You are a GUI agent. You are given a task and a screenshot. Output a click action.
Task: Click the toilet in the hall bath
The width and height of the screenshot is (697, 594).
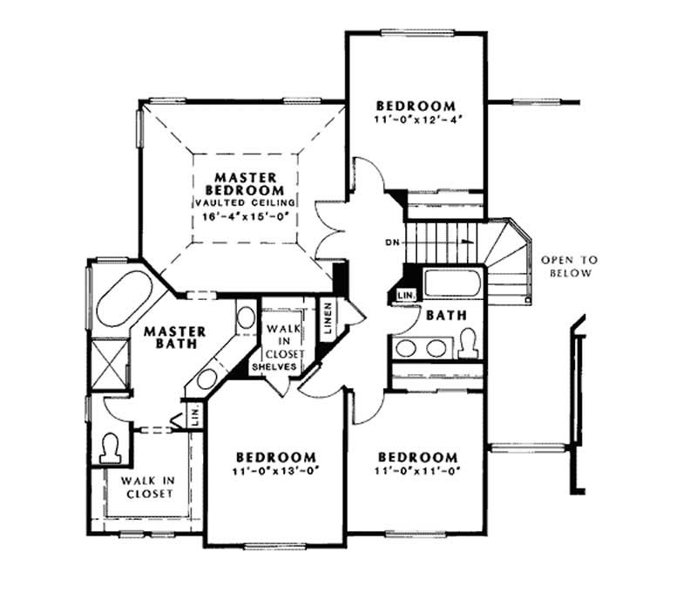click(x=466, y=343)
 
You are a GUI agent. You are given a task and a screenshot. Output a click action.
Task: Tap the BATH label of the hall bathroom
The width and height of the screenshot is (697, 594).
click(x=445, y=315)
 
